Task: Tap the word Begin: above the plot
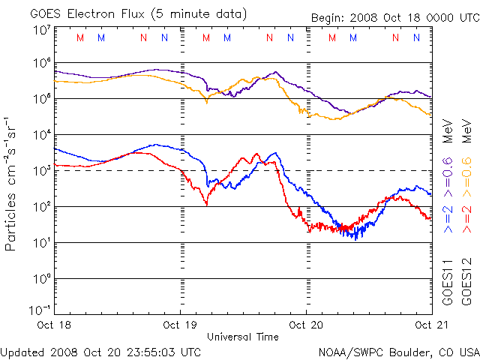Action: point(328,18)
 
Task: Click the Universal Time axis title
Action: point(243,337)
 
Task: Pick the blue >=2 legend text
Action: point(448,217)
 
